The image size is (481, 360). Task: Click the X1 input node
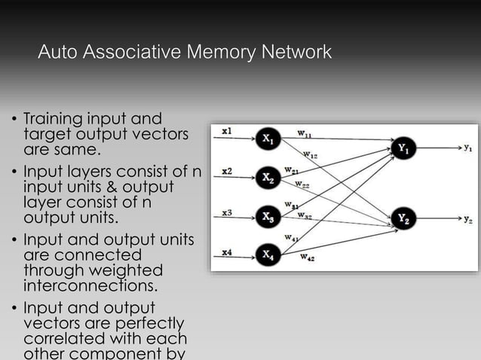pyautogui.click(x=269, y=139)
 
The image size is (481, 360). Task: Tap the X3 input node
pyautogui.click(x=269, y=217)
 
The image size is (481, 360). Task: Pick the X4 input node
pyautogui.click(x=269, y=255)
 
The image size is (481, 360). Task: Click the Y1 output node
pyautogui.click(x=404, y=148)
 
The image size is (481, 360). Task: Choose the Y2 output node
pyautogui.click(x=404, y=219)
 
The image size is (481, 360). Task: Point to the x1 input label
pyautogui.click(x=227, y=131)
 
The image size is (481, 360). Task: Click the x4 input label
pyautogui.click(x=227, y=252)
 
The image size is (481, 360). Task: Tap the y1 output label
pyautogui.click(x=468, y=148)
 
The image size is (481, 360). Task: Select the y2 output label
pyautogui.click(x=468, y=220)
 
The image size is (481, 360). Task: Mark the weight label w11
pyautogui.click(x=306, y=134)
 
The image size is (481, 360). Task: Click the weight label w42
pyautogui.click(x=308, y=258)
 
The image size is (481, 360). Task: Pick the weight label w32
pyautogui.click(x=305, y=215)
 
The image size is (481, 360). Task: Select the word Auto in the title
pyautogui.click(x=57, y=53)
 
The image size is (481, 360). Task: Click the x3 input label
pyautogui.click(x=227, y=212)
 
